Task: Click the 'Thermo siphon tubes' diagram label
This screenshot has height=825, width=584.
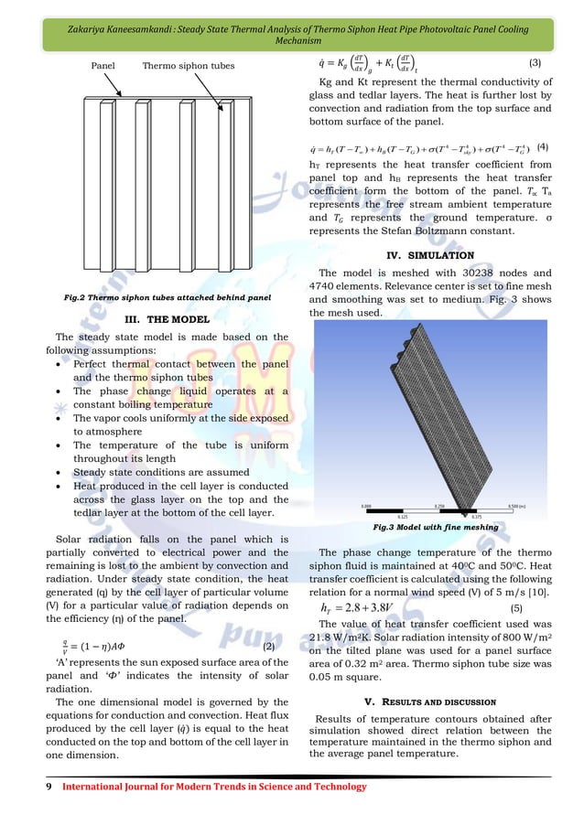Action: coord(188,66)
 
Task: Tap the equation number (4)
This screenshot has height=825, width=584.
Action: coord(542,147)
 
